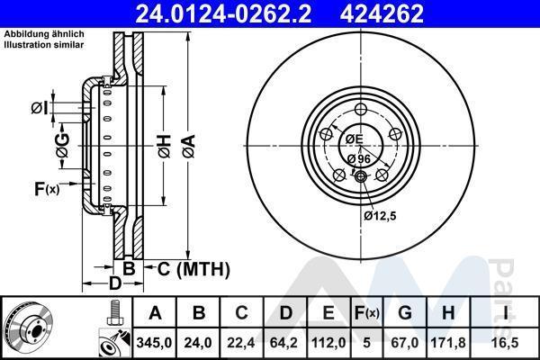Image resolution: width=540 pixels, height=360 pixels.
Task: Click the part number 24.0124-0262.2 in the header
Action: click(223, 13)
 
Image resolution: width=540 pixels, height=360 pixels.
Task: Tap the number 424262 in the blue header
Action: click(382, 13)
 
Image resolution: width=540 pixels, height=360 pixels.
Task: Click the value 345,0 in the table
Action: click(154, 343)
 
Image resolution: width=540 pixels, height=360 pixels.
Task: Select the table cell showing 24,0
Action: click(198, 343)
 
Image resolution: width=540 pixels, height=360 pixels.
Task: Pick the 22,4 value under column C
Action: click(241, 343)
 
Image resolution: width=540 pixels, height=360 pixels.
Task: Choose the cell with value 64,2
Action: click(284, 343)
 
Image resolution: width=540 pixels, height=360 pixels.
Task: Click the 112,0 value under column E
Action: click(328, 343)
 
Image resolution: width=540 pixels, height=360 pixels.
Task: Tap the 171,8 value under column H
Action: click(448, 343)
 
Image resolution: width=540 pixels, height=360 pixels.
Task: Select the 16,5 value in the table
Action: click(505, 343)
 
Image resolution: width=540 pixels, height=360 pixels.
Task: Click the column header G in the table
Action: click(405, 313)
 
